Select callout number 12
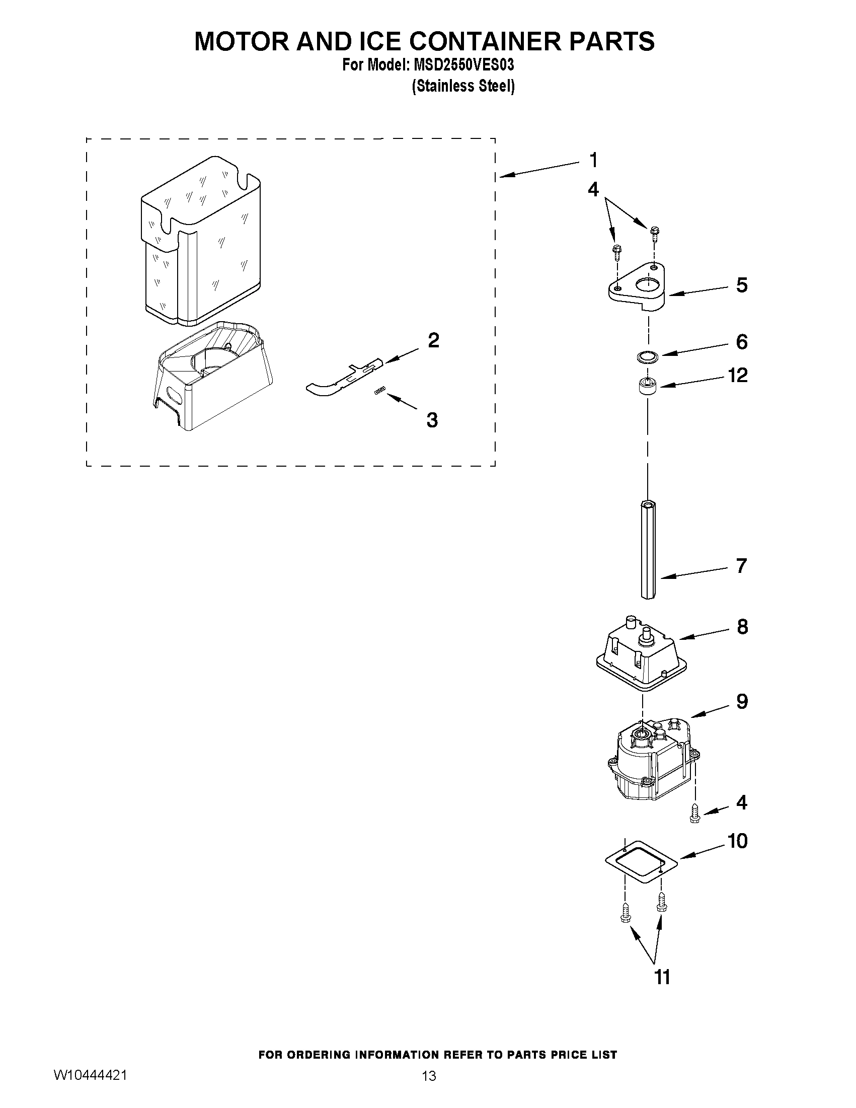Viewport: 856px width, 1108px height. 737,376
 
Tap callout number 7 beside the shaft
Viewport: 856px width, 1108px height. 741,565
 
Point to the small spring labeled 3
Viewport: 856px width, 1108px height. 380,390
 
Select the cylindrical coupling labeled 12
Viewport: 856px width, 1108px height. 647,388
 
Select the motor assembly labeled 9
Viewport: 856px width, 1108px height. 652,761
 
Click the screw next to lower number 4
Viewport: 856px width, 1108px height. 694,816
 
